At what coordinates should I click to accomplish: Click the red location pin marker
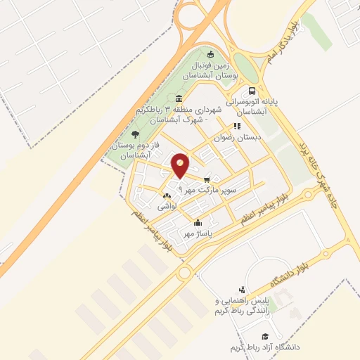[181, 166]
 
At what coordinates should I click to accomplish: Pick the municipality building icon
[179, 98]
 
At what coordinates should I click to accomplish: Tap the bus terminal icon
[252, 91]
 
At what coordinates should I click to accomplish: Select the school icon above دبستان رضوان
[236, 127]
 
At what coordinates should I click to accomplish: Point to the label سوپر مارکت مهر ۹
[209, 190]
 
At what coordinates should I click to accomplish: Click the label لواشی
[166, 207]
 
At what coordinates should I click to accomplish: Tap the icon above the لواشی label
[166, 196]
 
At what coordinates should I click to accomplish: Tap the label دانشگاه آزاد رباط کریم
[264, 348]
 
